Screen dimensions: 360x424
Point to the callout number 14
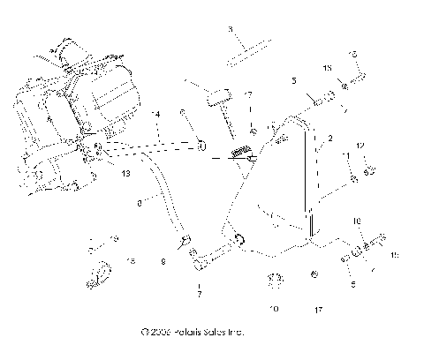(x=156, y=115)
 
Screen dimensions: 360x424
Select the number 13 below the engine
(x=126, y=175)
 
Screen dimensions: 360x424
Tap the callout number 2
(x=329, y=139)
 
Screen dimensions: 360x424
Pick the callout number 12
(x=360, y=145)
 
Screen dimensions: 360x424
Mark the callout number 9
(x=163, y=261)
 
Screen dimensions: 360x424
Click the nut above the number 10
(x=274, y=281)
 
